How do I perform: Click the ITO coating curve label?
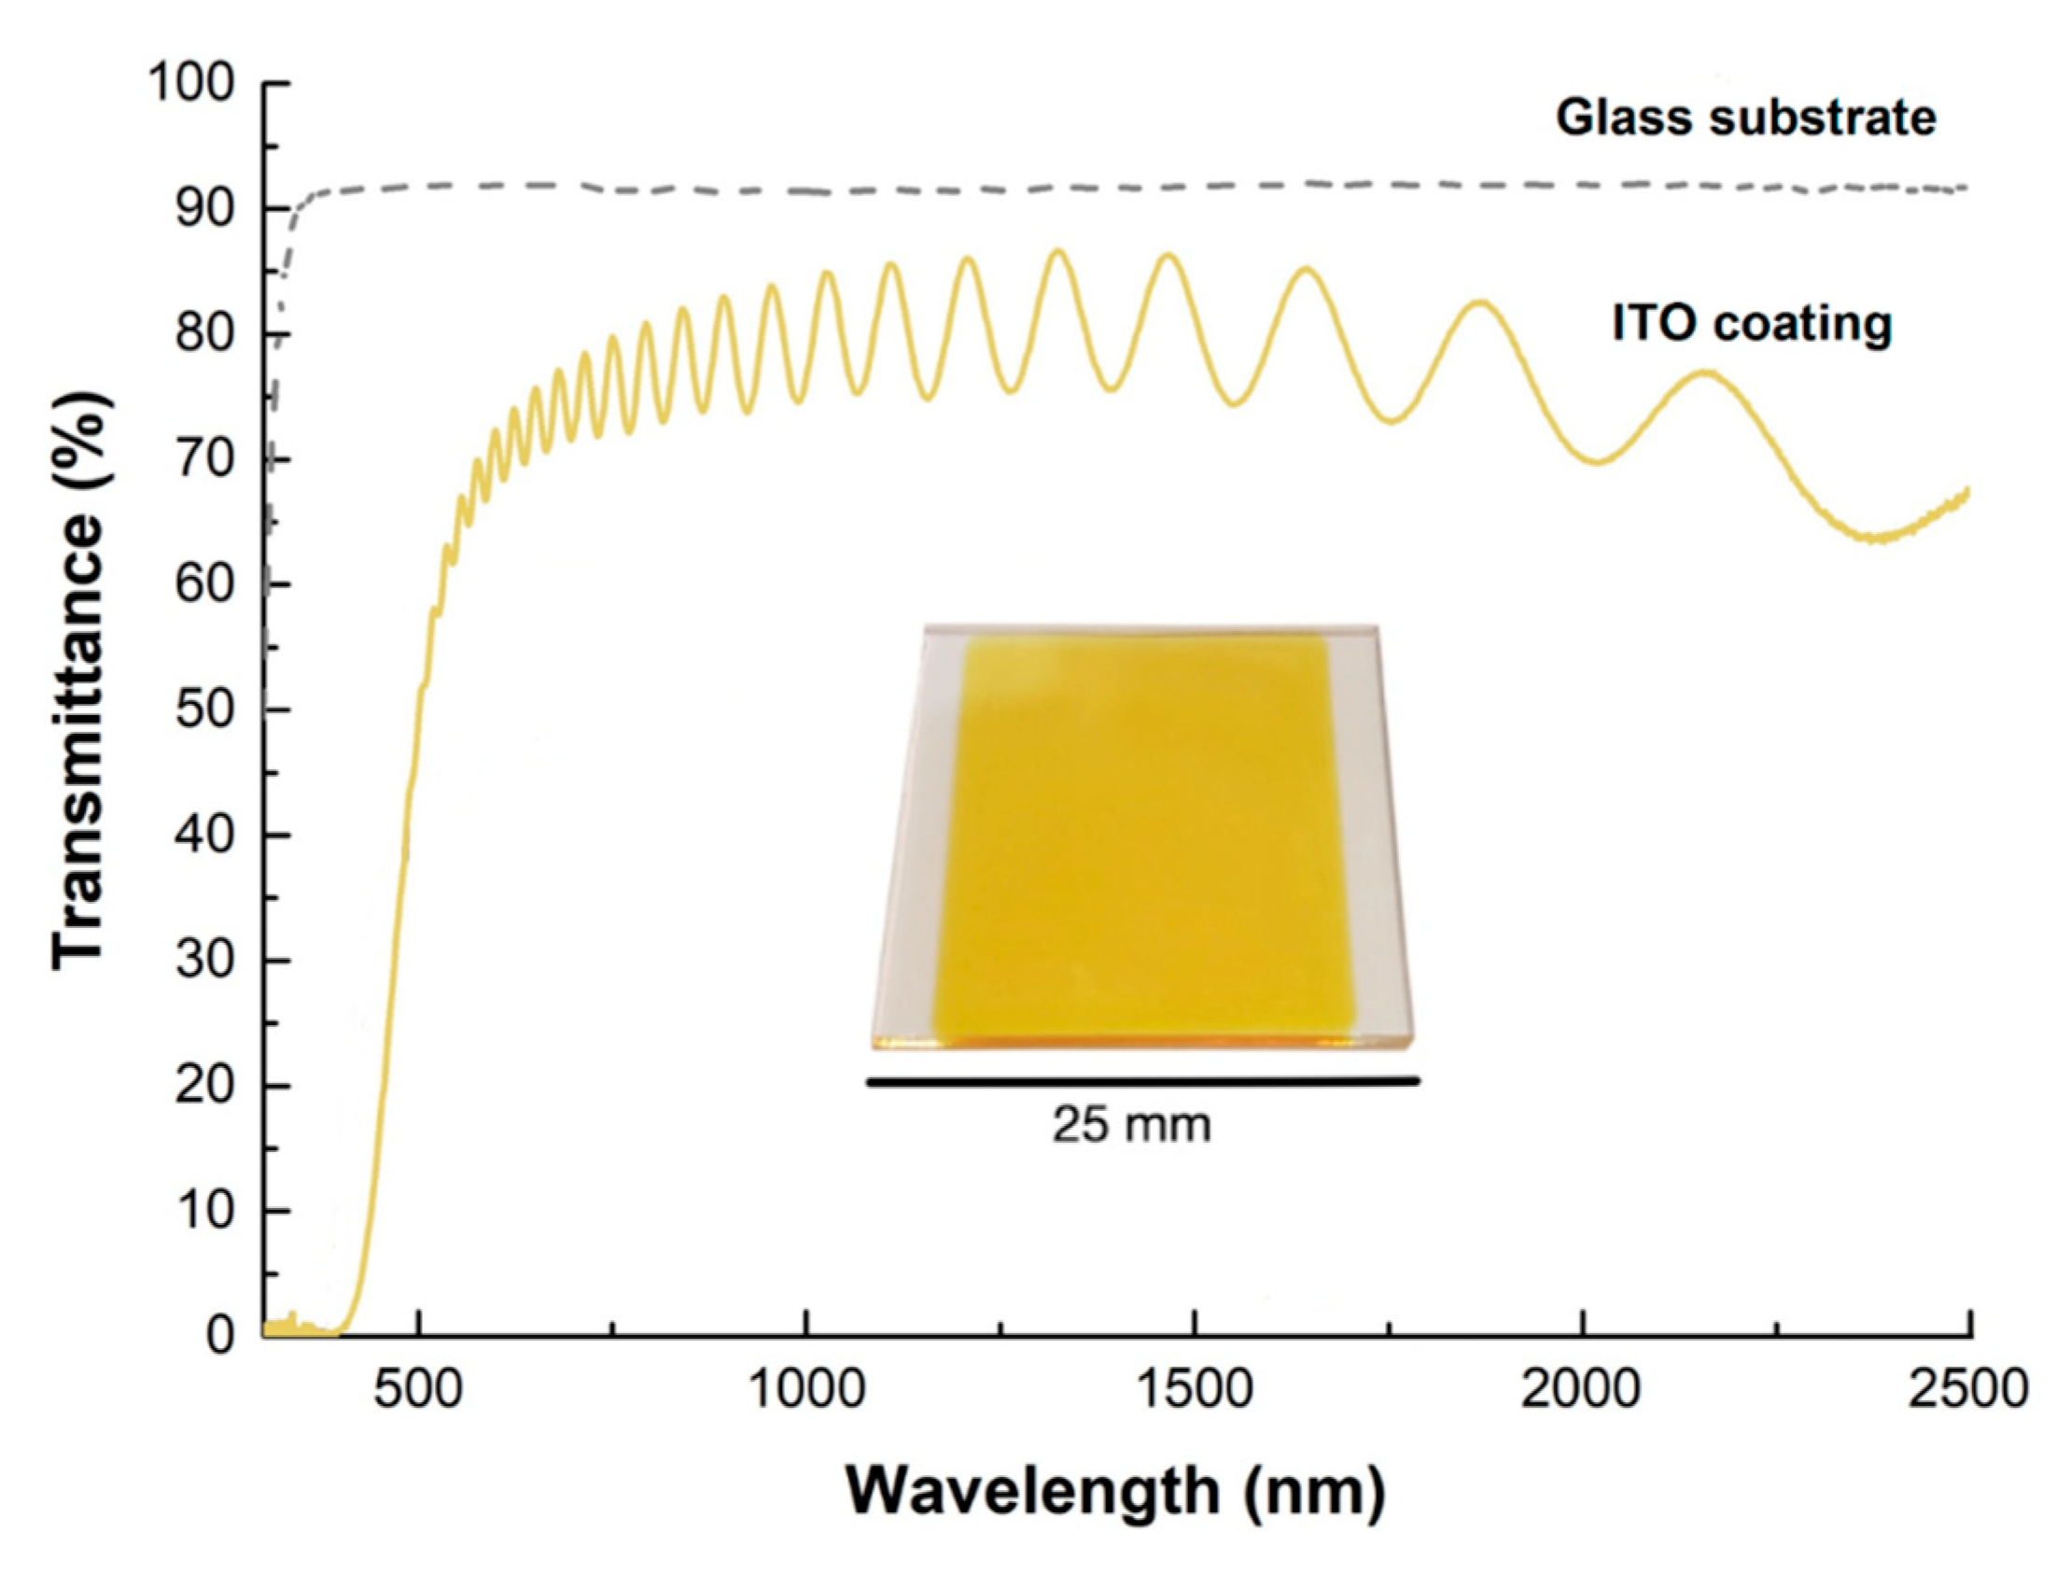pyautogui.click(x=1751, y=325)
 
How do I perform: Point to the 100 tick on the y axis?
pyautogui.click(x=191, y=84)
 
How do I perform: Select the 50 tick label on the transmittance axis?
pyautogui.click(x=203, y=710)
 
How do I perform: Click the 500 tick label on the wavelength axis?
pyautogui.click(x=418, y=1389)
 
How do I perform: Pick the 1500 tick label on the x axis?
pyautogui.click(x=1194, y=1389)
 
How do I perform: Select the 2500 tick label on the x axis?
pyautogui.click(x=1968, y=1389)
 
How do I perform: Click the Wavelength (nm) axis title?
pyautogui.click(x=1114, y=1492)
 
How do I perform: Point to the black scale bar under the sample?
pyautogui.click(x=1142, y=1081)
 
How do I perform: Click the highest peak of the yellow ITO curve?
pyautogui.click(x=1058, y=251)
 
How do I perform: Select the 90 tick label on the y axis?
pyautogui.click(x=203, y=209)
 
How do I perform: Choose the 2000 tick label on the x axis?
pyautogui.click(x=1580, y=1389)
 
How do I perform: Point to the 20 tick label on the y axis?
pyautogui.click(x=203, y=1085)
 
